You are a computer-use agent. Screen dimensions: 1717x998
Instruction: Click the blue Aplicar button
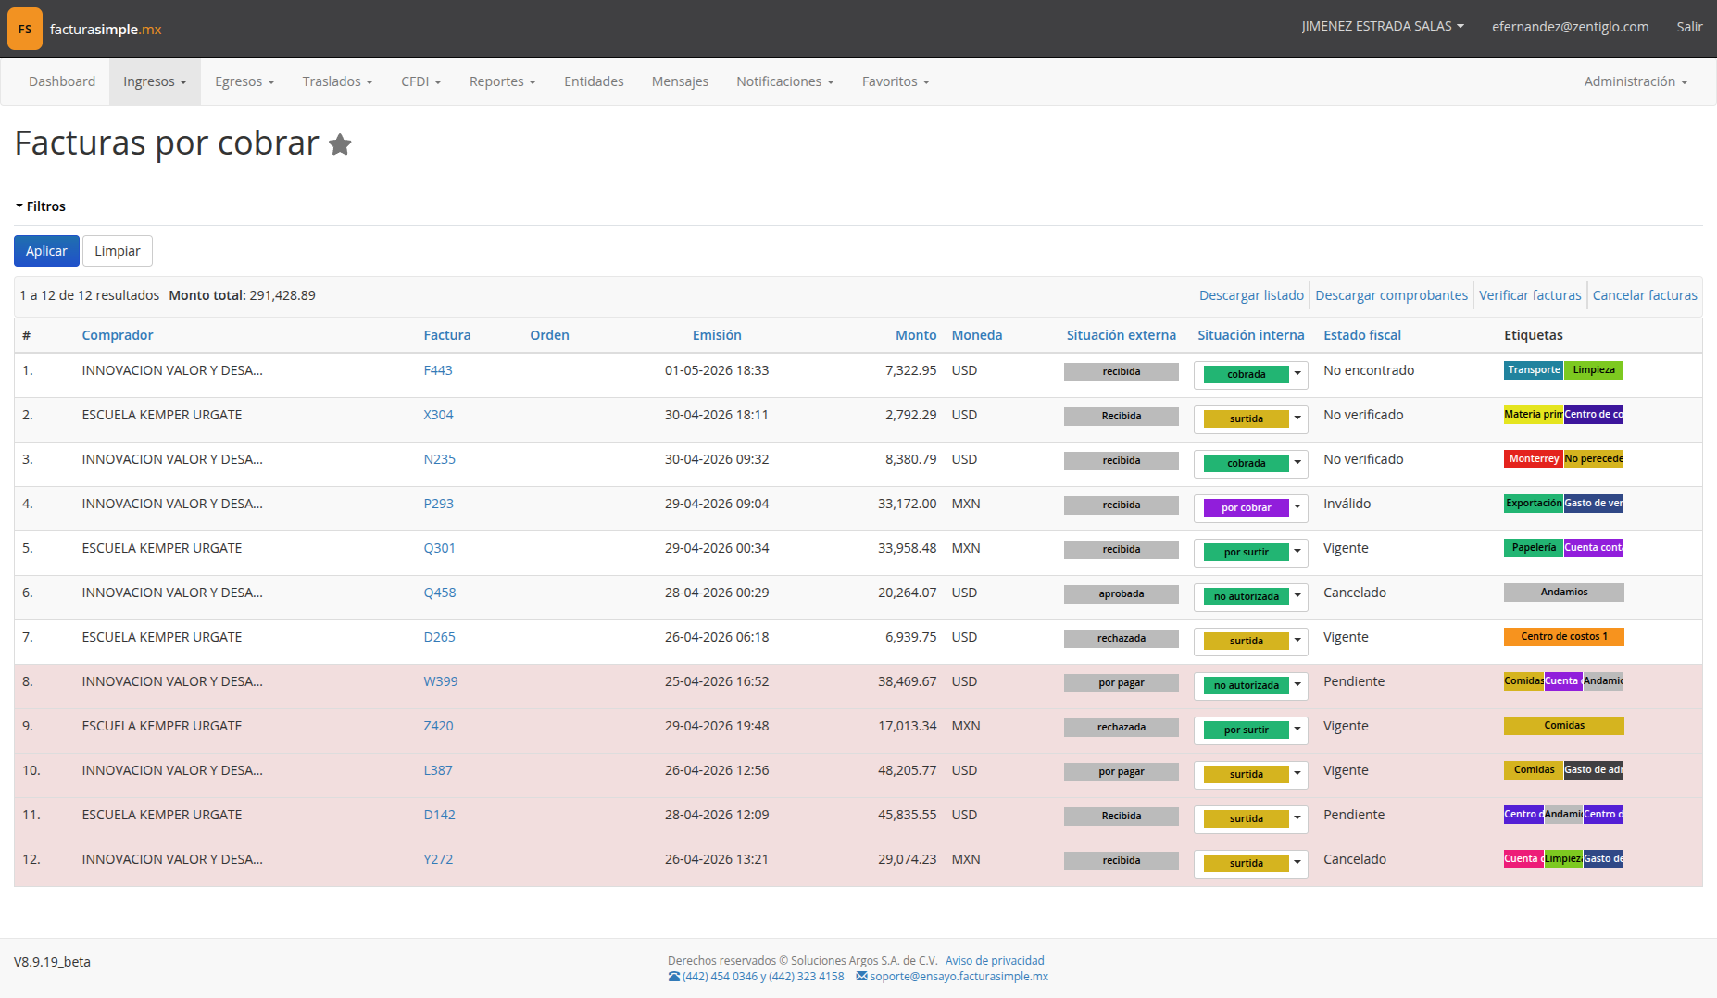coord(46,251)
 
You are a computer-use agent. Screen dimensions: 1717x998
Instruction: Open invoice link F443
coord(438,370)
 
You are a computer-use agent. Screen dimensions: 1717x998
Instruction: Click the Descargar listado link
coord(1251,295)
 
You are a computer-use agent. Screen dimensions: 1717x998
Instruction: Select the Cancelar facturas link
coord(1645,295)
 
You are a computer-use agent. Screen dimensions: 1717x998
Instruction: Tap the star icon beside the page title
coord(340,144)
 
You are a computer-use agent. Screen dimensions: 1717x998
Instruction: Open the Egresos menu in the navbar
coord(244,81)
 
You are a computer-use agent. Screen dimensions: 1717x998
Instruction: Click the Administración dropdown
coord(1636,81)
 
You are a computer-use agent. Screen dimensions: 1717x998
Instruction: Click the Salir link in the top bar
coord(1689,27)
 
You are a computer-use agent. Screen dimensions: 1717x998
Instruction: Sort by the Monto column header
coord(916,335)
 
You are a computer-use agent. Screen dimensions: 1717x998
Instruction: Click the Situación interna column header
coord(1250,335)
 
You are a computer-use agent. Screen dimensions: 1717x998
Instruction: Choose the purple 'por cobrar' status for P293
coord(1246,507)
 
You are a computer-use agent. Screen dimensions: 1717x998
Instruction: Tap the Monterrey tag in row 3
coord(1534,459)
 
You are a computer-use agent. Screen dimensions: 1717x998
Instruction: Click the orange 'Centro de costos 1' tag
coord(1564,637)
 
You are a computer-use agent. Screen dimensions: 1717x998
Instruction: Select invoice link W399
coord(441,681)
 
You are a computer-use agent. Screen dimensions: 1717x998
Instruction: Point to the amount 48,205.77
coord(907,770)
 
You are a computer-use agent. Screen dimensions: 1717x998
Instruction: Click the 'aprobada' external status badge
coord(1122,594)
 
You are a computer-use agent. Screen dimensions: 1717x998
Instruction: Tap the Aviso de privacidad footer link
coord(995,961)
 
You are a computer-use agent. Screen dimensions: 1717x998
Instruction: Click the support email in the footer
coord(959,977)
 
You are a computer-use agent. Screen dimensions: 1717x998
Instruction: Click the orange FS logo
coord(25,29)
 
